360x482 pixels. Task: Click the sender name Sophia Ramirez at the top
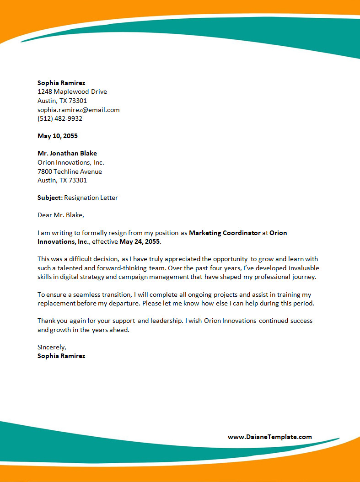point(61,83)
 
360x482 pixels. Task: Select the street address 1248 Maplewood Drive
point(72,91)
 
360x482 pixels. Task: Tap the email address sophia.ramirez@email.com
point(78,110)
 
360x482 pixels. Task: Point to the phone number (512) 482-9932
point(60,118)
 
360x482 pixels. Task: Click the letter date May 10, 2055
point(58,136)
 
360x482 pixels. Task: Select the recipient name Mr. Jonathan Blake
point(67,153)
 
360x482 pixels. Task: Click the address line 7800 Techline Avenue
point(70,171)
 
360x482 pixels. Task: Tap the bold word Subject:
point(50,198)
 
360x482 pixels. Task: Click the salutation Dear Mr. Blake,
point(61,215)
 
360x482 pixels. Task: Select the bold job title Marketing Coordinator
point(224,233)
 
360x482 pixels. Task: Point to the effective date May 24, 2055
point(140,241)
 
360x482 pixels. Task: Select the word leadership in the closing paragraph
point(167,321)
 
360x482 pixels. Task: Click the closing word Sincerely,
point(52,347)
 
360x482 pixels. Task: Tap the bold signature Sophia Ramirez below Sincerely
point(61,356)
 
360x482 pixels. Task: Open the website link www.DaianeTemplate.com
point(269,437)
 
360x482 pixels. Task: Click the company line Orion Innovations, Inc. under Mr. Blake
point(71,162)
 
